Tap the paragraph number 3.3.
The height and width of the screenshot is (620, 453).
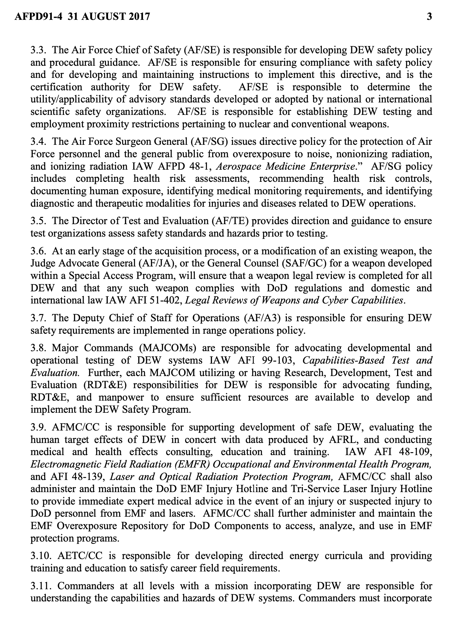tap(38, 50)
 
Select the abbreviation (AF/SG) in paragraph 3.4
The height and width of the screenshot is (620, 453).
tap(210, 142)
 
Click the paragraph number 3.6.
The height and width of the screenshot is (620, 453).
tap(38, 251)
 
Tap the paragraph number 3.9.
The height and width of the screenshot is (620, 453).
tap(38, 427)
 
